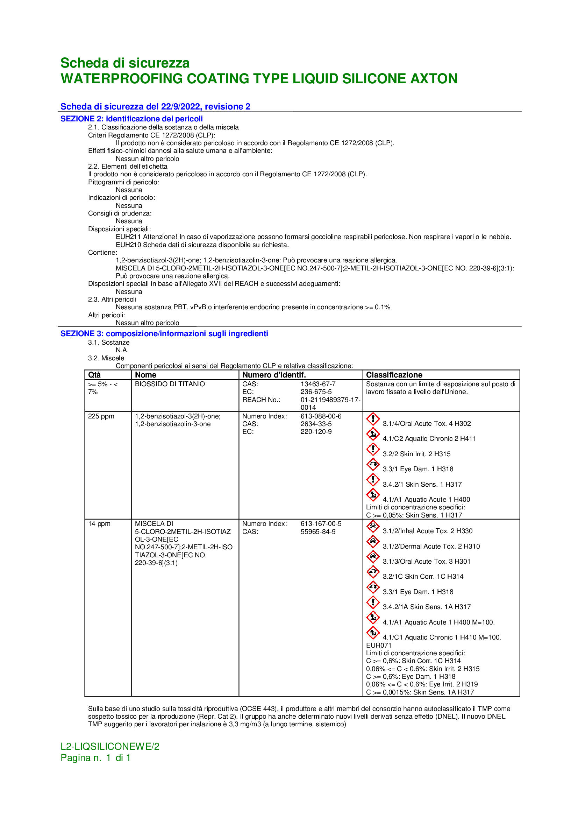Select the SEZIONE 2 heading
(x=131, y=119)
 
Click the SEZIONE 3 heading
(x=164, y=333)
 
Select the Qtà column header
(x=94, y=375)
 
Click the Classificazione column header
(x=394, y=375)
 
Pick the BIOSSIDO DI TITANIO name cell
(x=170, y=384)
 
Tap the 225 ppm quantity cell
(x=101, y=416)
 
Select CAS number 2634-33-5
(x=316, y=424)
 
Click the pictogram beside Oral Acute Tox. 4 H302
(x=372, y=419)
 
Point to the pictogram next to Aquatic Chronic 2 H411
(x=372, y=434)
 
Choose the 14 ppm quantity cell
(x=99, y=524)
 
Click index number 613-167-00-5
(x=321, y=524)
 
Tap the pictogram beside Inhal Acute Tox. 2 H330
(x=372, y=527)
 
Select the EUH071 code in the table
(x=379, y=645)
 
